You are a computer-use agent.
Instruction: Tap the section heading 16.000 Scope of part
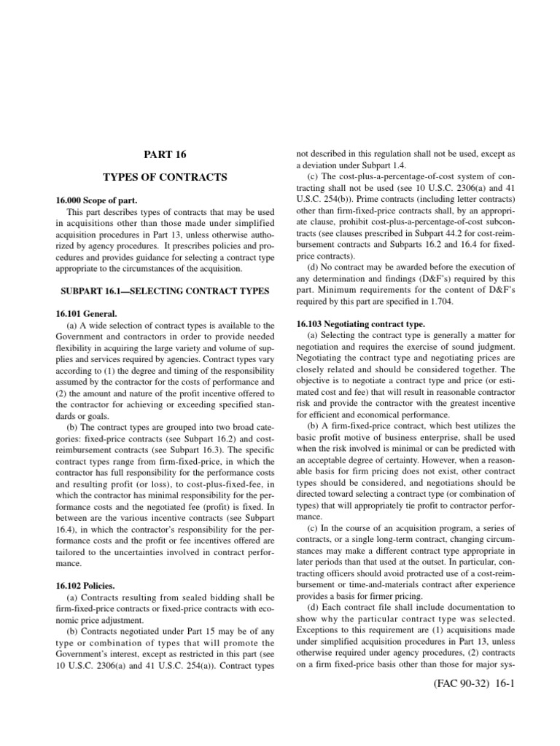pos(97,200)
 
